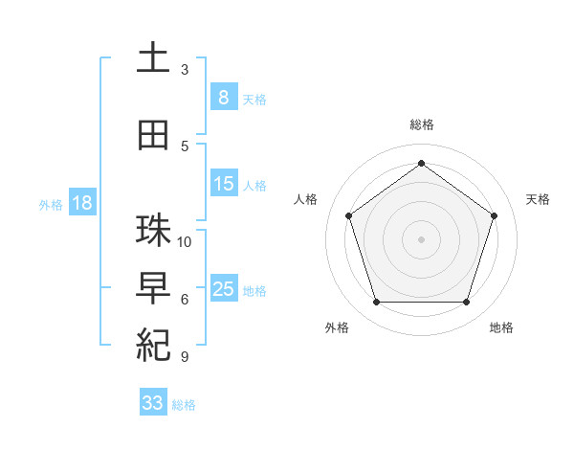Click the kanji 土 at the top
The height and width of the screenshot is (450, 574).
tap(153, 59)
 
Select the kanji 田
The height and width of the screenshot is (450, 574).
tap(153, 135)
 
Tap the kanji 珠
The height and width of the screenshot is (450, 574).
tap(153, 231)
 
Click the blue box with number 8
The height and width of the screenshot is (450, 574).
tap(223, 98)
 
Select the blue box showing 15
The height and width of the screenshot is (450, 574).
tap(223, 184)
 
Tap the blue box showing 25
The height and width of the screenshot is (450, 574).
tap(223, 289)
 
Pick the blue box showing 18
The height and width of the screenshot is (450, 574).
tap(80, 203)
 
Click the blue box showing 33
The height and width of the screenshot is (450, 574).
tap(152, 403)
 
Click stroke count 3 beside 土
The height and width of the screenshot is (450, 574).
tap(185, 70)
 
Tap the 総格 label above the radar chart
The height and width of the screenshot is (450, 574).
tap(421, 124)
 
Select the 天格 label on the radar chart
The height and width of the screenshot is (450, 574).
tap(538, 199)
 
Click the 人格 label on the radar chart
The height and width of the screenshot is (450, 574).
tap(305, 199)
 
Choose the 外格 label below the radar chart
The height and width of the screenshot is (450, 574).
tap(337, 327)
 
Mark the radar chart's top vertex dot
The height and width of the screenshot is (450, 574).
tap(421, 163)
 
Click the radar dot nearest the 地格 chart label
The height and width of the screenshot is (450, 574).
tap(466, 302)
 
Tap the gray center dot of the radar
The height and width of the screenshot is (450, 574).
tap(421, 238)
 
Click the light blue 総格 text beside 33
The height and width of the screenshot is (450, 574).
tap(184, 405)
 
